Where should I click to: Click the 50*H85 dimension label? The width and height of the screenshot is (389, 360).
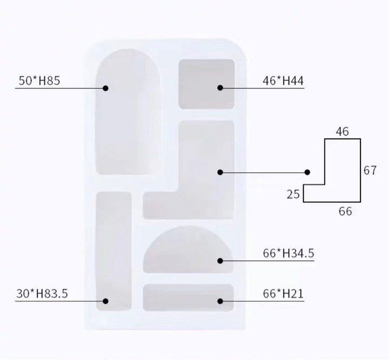(x=39, y=80)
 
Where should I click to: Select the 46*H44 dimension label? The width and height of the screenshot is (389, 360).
(x=283, y=81)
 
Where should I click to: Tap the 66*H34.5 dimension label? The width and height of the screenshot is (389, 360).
(x=289, y=253)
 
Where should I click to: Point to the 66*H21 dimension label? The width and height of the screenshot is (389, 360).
(x=283, y=294)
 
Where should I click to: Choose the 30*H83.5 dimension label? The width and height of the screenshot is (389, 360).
(x=42, y=294)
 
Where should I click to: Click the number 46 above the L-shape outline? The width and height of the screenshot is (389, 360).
(x=343, y=132)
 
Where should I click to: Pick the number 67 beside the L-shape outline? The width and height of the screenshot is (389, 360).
(x=370, y=171)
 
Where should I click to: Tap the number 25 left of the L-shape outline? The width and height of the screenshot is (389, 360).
(x=293, y=194)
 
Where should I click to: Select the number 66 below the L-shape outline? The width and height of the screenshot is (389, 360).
(x=345, y=212)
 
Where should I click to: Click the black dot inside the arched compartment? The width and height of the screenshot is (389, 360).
(x=105, y=88)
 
